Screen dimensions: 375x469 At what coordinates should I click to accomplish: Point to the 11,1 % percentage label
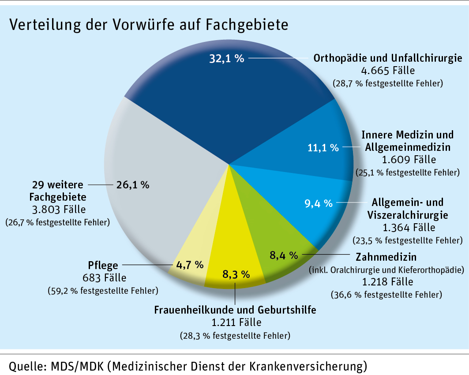pyautogui.click(x=323, y=148)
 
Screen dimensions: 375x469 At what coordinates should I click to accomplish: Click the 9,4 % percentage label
pyautogui.click(x=318, y=203)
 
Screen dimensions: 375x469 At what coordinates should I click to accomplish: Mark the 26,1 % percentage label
pyautogui.click(x=132, y=185)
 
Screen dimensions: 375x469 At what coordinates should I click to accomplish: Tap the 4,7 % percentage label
pyautogui.click(x=190, y=265)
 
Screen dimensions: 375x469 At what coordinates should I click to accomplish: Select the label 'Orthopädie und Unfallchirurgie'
pyautogui.click(x=387, y=58)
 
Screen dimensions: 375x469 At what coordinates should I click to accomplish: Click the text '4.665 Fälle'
pyautogui.click(x=387, y=70)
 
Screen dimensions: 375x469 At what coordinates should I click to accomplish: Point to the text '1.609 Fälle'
pyautogui.click(x=407, y=159)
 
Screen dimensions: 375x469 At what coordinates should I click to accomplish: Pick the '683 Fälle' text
pyautogui.click(x=104, y=278)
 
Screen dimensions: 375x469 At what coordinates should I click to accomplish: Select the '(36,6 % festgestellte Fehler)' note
pyautogui.click(x=386, y=294)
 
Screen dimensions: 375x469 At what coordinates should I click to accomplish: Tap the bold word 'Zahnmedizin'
pyautogui.click(x=386, y=257)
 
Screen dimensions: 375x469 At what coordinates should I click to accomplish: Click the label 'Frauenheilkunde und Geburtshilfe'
pyautogui.click(x=235, y=310)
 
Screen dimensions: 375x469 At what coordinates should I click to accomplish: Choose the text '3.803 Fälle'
pyautogui.click(x=59, y=209)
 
